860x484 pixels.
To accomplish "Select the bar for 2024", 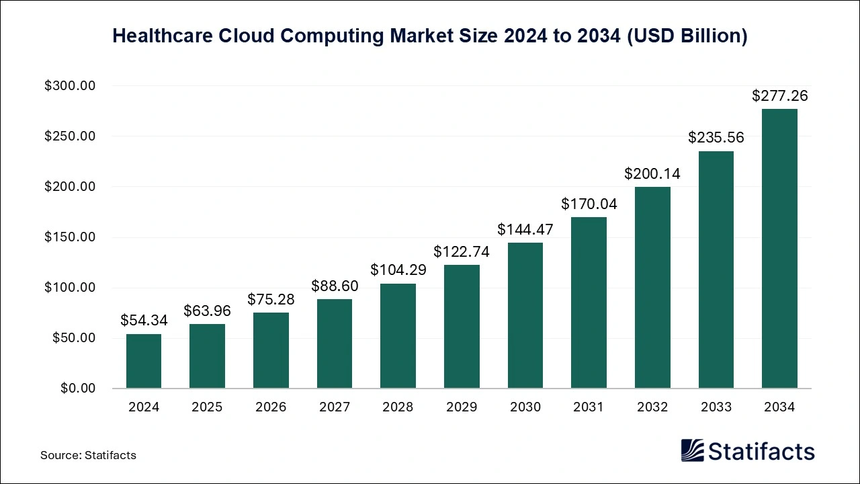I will point(144,361).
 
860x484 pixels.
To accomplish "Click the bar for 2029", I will point(462,327).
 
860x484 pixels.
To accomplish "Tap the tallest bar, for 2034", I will point(779,249).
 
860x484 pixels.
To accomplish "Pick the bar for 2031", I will point(589,302).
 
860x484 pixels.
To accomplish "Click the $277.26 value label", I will point(779,96).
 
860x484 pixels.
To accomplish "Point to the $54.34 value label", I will point(144,321).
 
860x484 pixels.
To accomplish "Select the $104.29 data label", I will point(398,270).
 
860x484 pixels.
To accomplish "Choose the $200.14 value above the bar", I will point(652,173).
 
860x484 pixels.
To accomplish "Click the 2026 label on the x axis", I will point(271,407).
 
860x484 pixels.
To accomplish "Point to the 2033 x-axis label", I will point(716,407).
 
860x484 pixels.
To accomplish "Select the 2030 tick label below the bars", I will point(525,407).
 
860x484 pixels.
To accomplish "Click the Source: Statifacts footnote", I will point(88,455).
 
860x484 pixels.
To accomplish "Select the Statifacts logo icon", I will point(692,450).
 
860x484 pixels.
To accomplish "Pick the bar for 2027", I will point(335,344).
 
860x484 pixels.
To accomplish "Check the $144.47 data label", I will point(525,229).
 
